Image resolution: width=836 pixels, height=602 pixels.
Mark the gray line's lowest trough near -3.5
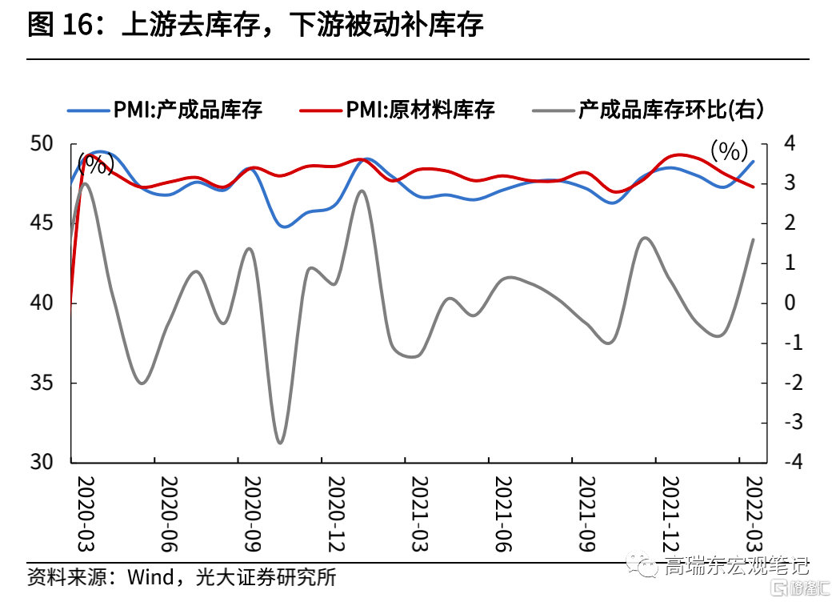(x=280, y=442)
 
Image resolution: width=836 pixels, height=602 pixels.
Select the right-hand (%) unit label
(x=728, y=150)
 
